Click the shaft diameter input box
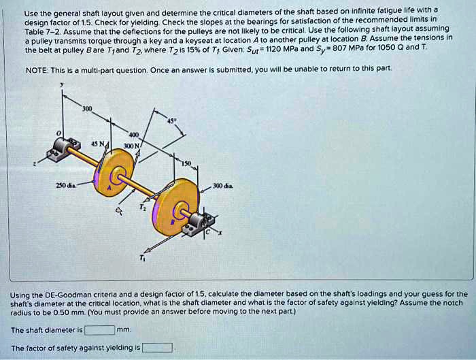(99, 331)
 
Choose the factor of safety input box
(156, 348)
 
